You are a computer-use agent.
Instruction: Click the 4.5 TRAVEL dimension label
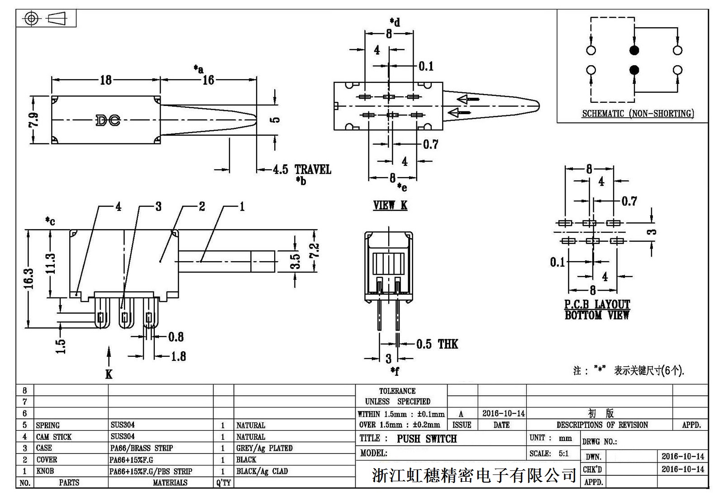click(x=302, y=170)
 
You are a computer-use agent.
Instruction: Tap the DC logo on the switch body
click(x=108, y=120)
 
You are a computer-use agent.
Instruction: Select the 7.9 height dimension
click(x=33, y=120)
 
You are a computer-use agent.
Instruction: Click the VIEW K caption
click(x=390, y=205)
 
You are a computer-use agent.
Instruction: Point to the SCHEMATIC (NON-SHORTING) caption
click(x=638, y=113)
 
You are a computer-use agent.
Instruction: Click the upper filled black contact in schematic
click(x=634, y=50)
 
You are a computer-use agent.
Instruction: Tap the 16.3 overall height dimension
click(x=29, y=278)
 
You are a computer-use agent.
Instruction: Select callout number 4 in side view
click(x=118, y=207)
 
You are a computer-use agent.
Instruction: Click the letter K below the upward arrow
click(x=109, y=374)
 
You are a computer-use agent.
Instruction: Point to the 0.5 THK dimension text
click(x=437, y=344)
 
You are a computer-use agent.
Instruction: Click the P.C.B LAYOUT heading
click(x=597, y=304)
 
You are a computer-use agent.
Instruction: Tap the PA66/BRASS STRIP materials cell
click(x=141, y=448)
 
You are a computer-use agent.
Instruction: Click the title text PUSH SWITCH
click(x=427, y=439)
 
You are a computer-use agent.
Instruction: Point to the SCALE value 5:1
click(x=563, y=453)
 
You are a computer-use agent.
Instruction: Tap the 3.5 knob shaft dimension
click(x=295, y=261)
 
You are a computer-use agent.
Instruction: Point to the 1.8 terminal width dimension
click(x=178, y=356)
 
